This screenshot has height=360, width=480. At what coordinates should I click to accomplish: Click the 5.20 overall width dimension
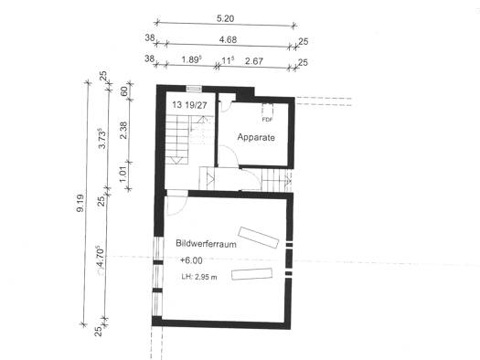point(225,18)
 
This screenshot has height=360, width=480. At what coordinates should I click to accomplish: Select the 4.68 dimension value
point(228,40)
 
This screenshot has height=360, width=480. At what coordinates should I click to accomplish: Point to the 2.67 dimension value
point(254,61)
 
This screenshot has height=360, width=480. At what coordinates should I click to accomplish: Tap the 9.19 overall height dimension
point(80,203)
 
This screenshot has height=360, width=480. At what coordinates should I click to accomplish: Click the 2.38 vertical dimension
point(123,131)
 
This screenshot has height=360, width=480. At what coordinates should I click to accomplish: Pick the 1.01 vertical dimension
point(123,175)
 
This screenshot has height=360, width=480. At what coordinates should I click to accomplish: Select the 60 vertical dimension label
point(124,91)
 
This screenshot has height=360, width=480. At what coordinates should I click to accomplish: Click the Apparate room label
point(256,137)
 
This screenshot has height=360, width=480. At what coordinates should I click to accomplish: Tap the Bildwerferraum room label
point(206,244)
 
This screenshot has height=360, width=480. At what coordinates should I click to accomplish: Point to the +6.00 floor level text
point(191,260)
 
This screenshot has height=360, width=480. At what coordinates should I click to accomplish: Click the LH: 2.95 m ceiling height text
point(199,277)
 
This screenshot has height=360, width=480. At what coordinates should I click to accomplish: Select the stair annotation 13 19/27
point(189,105)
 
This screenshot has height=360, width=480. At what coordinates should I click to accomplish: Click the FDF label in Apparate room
point(267,120)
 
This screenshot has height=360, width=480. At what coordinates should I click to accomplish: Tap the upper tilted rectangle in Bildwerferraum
point(259,238)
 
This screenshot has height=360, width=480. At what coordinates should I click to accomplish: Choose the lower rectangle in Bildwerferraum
point(252,274)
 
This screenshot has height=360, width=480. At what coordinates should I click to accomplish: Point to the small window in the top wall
point(194,89)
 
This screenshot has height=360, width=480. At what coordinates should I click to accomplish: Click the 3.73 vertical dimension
point(102,139)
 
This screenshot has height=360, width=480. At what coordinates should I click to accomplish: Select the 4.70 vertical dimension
point(100,258)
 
